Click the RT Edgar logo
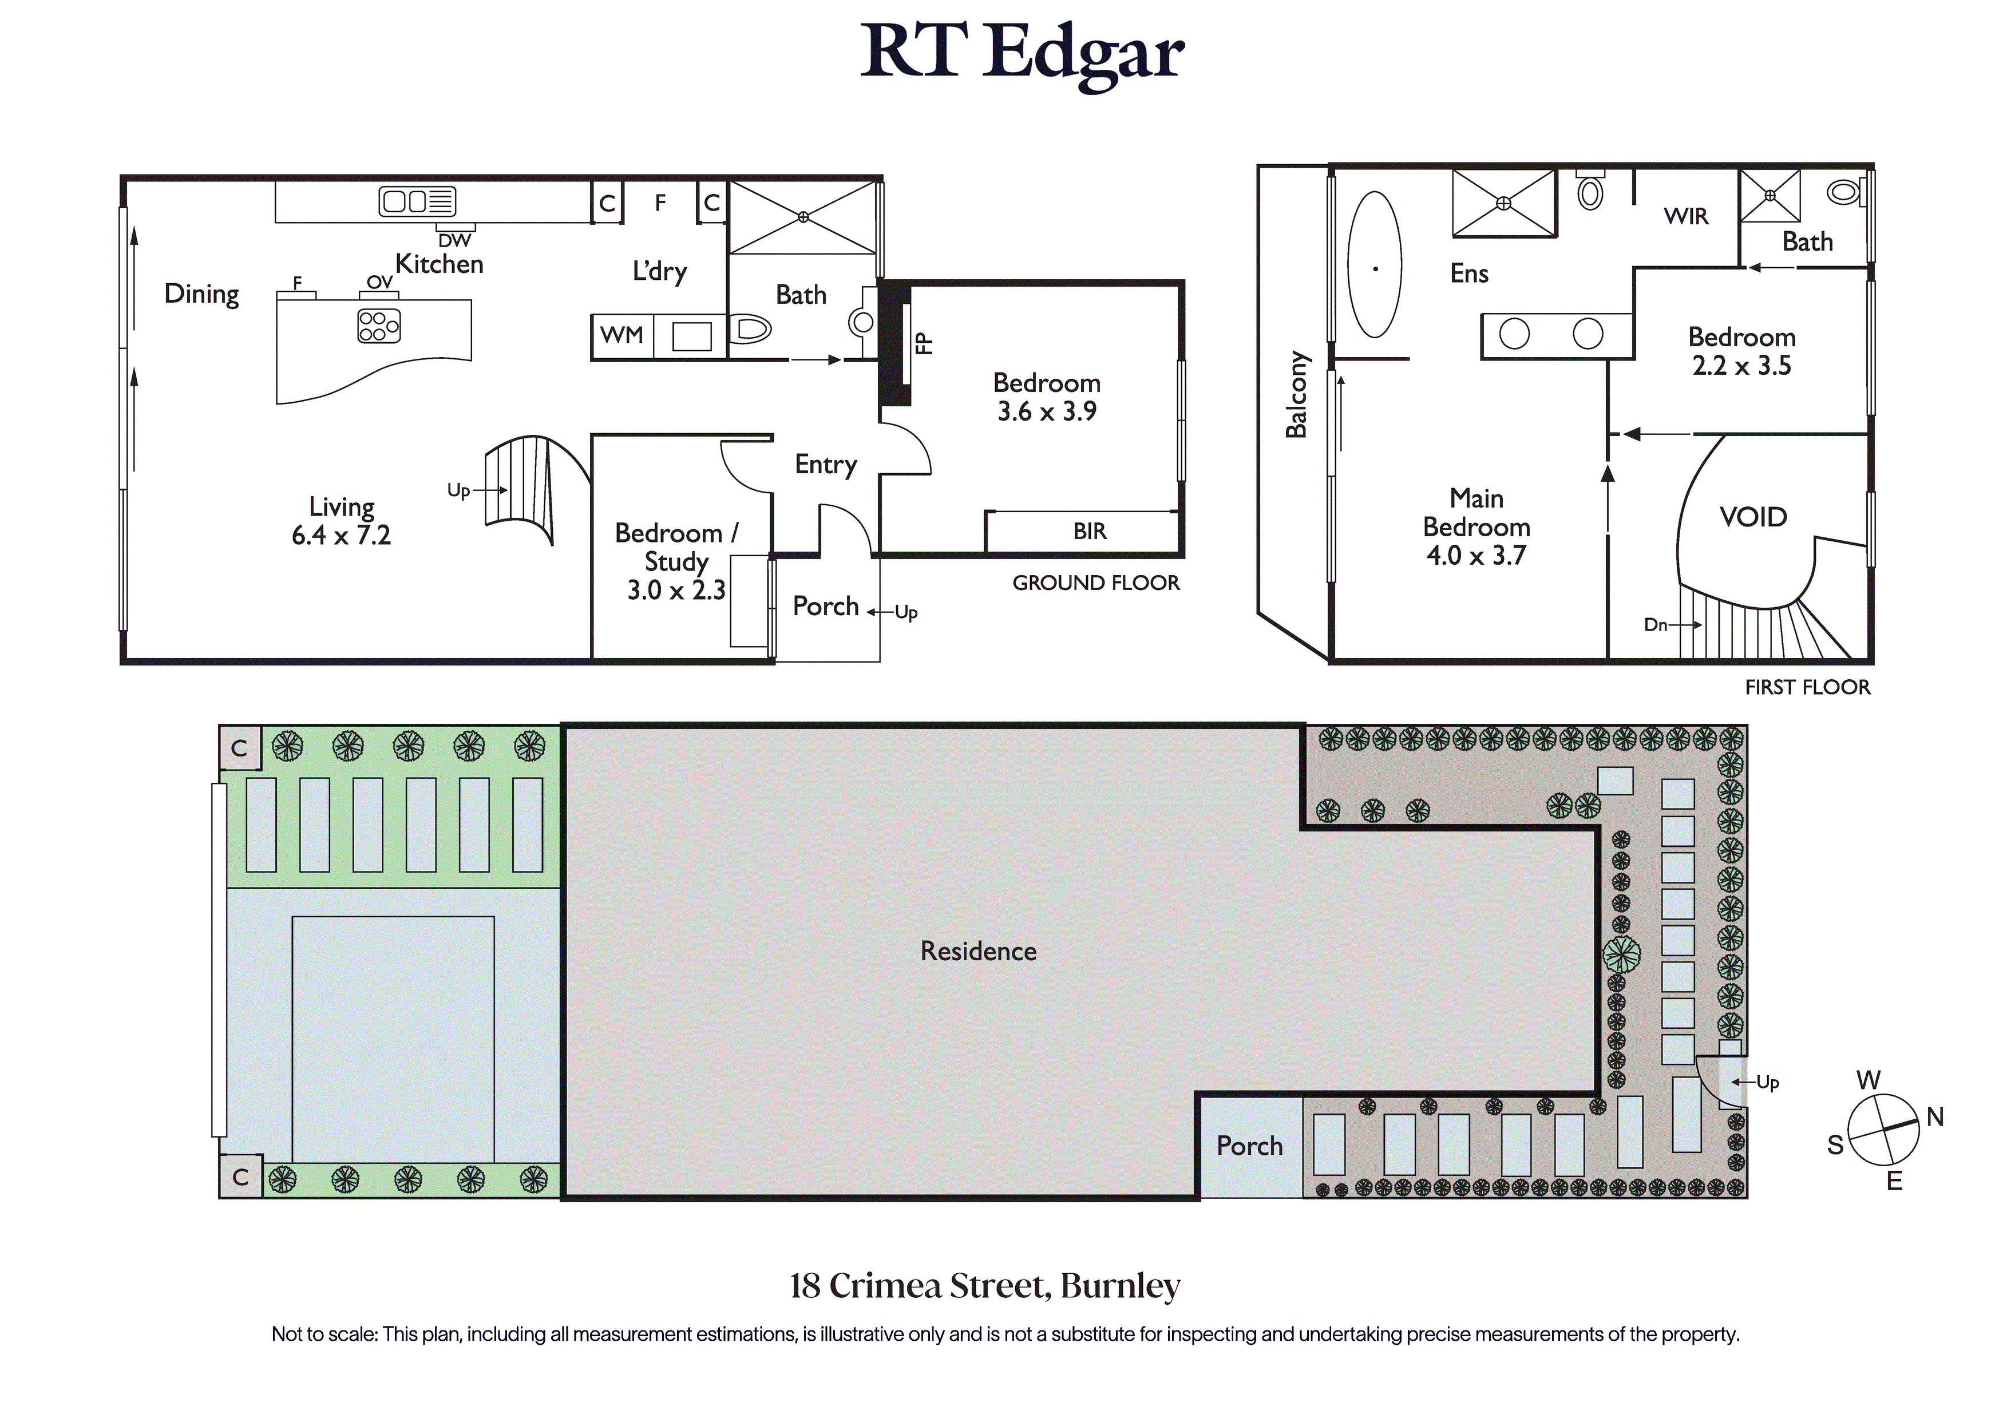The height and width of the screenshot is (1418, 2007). (1022, 54)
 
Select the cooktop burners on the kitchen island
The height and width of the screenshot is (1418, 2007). (378, 326)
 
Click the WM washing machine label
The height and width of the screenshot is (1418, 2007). (622, 335)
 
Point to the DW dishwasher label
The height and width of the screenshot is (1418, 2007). (454, 240)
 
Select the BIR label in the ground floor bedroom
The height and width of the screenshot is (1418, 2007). (1090, 532)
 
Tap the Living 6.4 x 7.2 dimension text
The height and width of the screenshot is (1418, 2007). (341, 521)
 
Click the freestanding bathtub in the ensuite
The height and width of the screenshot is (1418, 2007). (1375, 264)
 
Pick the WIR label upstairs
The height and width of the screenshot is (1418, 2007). (1685, 217)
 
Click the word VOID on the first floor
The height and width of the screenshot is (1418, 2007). (1753, 517)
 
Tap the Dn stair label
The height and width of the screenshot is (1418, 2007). (1656, 624)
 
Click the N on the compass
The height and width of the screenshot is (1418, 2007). (1935, 1116)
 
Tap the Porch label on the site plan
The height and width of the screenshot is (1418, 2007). (1249, 1146)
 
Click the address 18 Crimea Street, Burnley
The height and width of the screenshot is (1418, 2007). (985, 1286)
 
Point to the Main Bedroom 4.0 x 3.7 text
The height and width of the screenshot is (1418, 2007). (1476, 526)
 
